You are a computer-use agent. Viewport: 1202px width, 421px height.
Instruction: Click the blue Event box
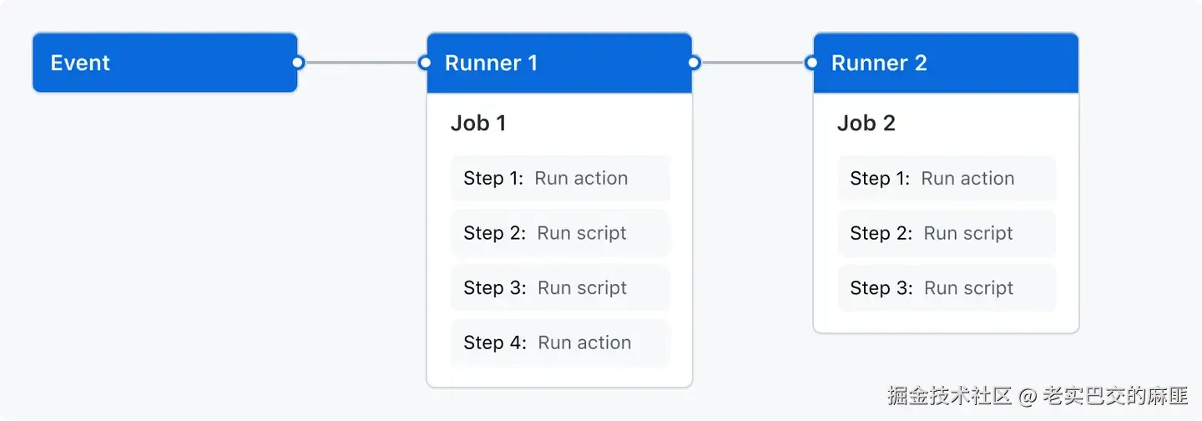[x=164, y=63]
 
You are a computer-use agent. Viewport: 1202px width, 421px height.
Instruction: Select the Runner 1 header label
[x=491, y=63]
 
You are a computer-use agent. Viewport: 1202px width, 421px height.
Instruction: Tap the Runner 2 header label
[x=879, y=63]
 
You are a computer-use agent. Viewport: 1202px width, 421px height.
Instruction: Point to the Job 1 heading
[x=478, y=123]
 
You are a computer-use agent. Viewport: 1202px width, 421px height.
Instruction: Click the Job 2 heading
[x=866, y=123]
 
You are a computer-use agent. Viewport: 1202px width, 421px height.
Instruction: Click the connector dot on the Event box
[x=297, y=63]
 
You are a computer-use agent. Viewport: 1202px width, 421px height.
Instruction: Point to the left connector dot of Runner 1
[x=425, y=63]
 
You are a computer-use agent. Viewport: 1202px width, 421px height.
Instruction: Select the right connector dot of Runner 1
[x=694, y=63]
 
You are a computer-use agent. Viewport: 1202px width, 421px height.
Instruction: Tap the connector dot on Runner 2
[x=811, y=63]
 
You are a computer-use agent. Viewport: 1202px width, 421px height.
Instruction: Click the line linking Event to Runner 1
[x=361, y=63]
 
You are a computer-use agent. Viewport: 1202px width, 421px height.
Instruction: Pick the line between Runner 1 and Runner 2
[x=752, y=63]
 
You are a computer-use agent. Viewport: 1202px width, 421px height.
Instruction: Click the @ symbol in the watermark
[x=1027, y=397]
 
